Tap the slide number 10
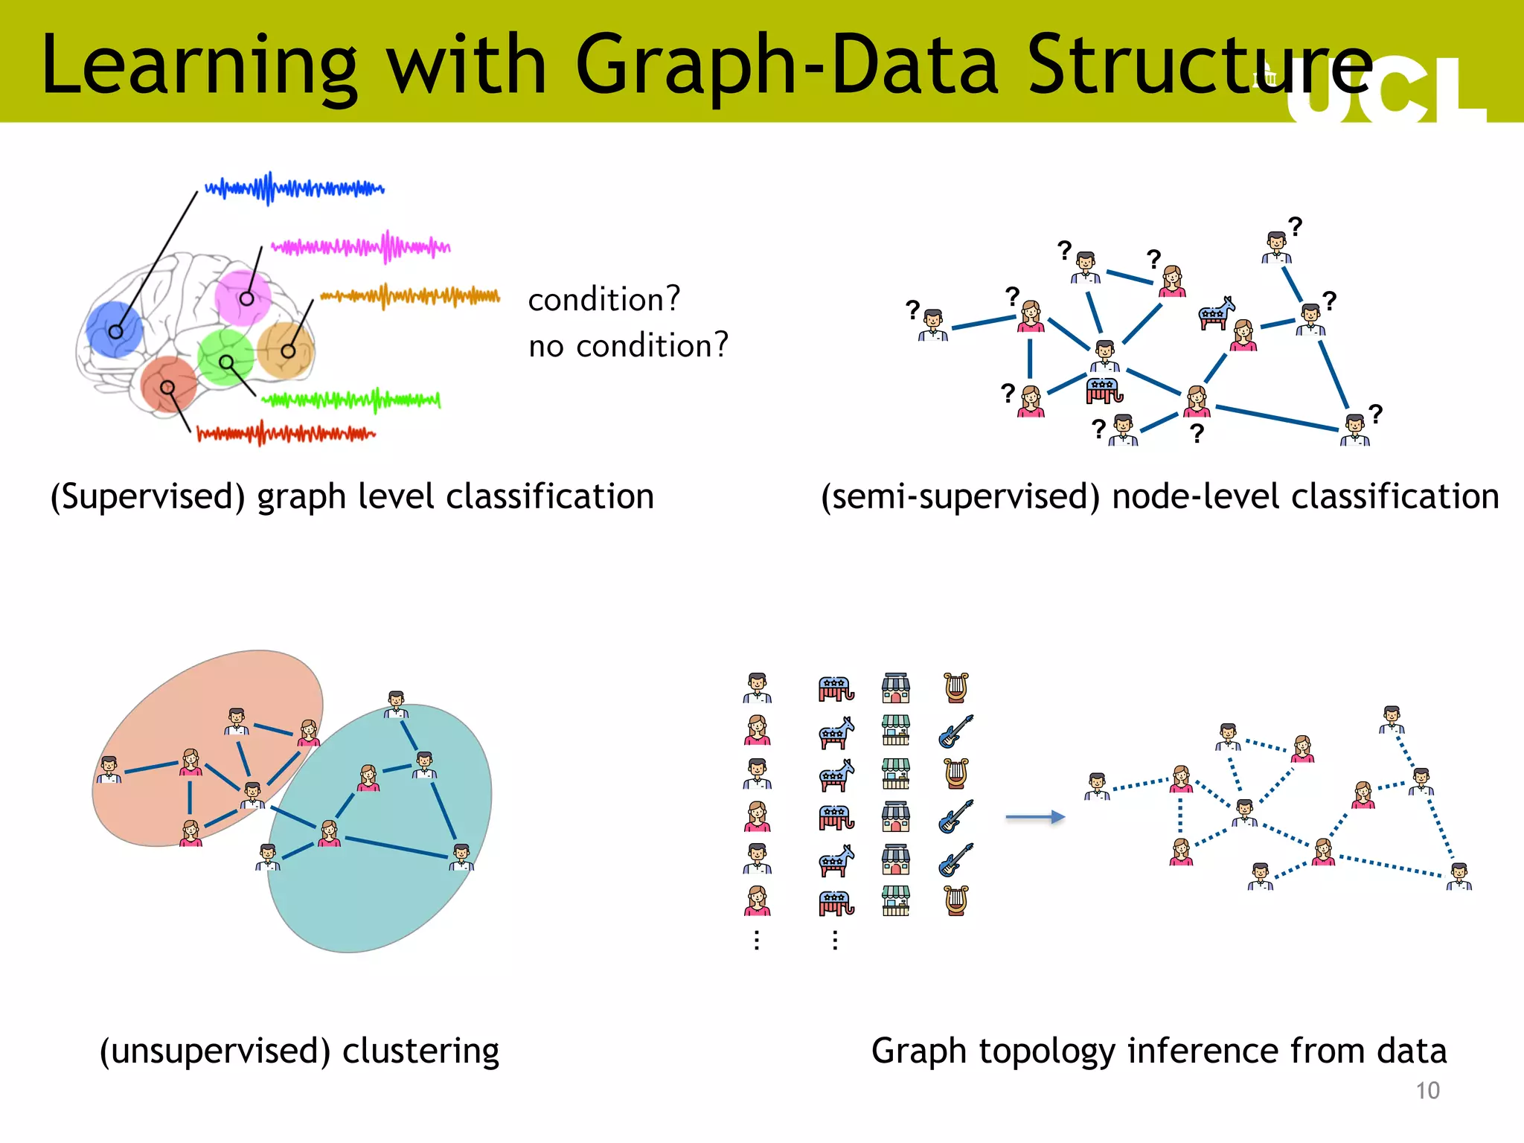tap(1427, 1091)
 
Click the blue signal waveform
tap(295, 189)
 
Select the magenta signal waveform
tap(361, 246)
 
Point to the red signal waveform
tap(286, 433)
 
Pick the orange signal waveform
tap(410, 297)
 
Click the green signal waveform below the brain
tap(351, 400)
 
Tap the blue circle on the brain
tap(114, 330)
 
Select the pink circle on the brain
tap(242, 298)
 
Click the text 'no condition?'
tap(628, 346)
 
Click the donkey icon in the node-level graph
tap(1216, 313)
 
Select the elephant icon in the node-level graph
tap(1104, 390)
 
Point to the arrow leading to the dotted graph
tap(1035, 817)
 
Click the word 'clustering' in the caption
tap(420, 1051)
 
